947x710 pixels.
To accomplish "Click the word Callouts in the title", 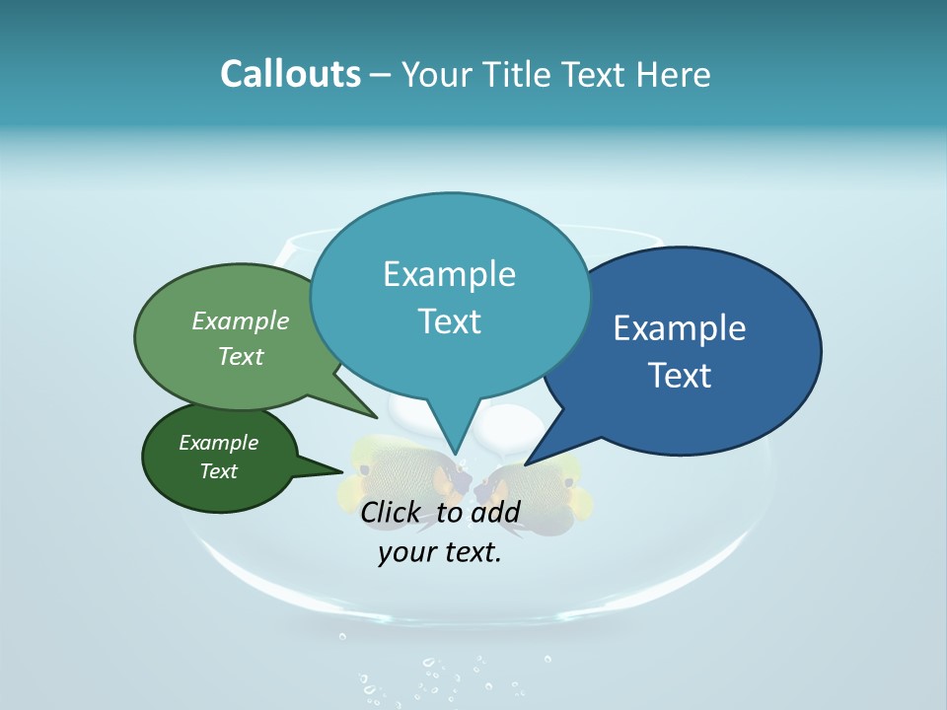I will click(290, 74).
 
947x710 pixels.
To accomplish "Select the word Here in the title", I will click(675, 74).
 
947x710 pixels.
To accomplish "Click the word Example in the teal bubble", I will click(449, 273).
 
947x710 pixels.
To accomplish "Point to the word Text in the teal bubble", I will click(449, 320).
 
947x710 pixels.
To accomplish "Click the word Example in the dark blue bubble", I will click(680, 327).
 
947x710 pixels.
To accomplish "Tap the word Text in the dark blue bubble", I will click(680, 375).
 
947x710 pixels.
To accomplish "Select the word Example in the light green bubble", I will click(241, 320).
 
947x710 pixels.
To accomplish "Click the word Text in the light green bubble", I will click(241, 356).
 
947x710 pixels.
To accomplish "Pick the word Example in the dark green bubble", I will click(218, 443).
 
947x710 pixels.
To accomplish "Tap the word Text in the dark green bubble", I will click(218, 471).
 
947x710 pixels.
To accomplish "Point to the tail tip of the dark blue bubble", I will click(526, 464).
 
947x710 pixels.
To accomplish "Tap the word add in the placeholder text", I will click(495, 512).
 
